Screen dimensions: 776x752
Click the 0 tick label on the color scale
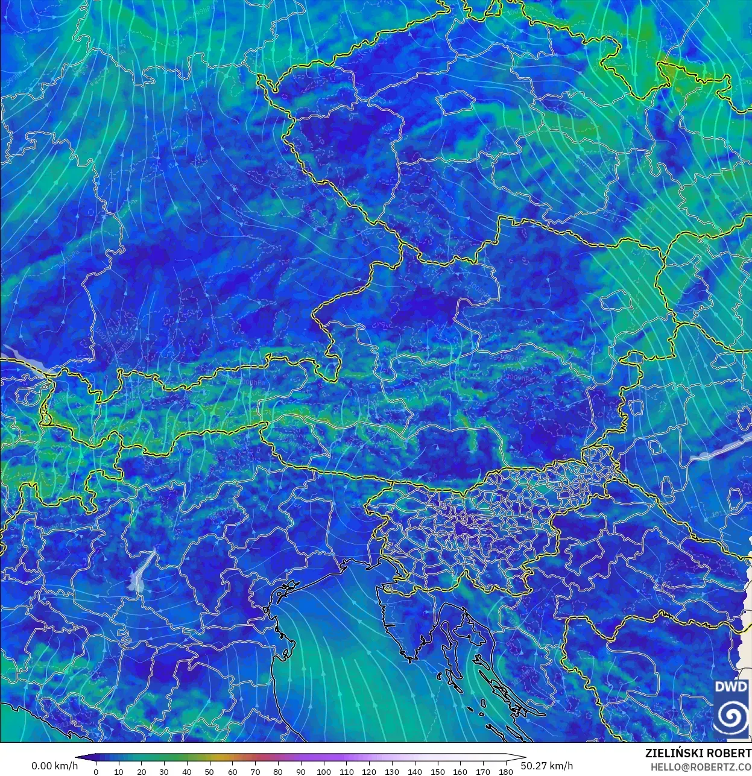click(x=96, y=772)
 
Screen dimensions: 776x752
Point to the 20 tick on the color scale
click(x=141, y=772)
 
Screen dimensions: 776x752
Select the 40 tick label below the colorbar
click(x=187, y=772)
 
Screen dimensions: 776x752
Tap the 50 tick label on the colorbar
click(x=209, y=772)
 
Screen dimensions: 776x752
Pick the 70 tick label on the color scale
click(x=255, y=772)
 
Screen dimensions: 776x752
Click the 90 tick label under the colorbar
click(x=300, y=772)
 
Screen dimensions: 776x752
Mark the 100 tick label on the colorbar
click(x=323, y=772)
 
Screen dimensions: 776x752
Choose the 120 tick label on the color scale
click(x=369, y=772)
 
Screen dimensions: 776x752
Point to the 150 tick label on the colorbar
click(x=437, y=772)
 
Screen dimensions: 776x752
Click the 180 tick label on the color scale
click(x=505, y=772)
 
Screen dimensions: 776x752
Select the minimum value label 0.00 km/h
click(x=54, y=766)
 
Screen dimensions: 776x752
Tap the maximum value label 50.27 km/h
click(x=547, y=766)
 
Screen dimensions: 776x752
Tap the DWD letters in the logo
click(x=731, y=687)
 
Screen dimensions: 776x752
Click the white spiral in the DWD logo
click(x=731, y=716)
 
